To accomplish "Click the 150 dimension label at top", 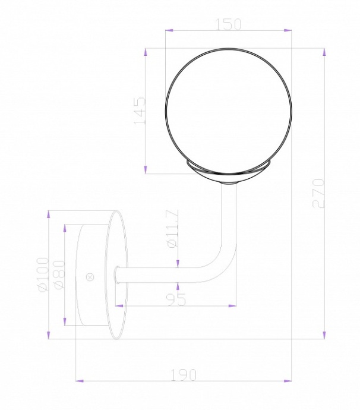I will pos(228,24).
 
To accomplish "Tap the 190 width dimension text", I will pos(184,374).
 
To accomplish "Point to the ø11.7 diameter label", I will pos(172,229).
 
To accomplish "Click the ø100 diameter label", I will pos(42,275).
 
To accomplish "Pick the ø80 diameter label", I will pos(58,275).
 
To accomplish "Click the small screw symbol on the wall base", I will pos(90,276).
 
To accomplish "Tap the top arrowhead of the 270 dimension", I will pos(324,52).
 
